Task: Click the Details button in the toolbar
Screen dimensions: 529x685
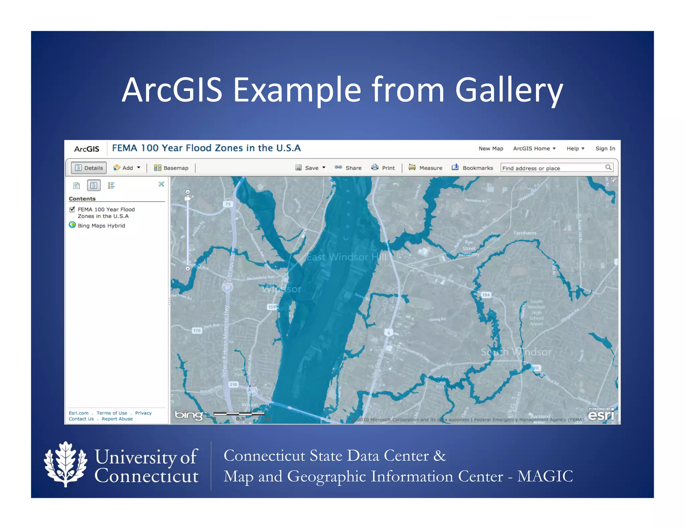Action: tap(89, 168)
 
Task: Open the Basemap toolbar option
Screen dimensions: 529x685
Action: tap(171, 168)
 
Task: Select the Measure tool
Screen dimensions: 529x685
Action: tap(425, 168)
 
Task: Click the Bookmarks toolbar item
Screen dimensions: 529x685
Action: tap(472, 168)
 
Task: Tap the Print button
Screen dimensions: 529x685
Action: tap(383, 168)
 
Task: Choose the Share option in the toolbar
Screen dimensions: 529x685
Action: tap(349, 168)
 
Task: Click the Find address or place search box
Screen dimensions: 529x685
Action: tap(553, 168)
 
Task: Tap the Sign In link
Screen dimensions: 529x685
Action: tap(605, 148)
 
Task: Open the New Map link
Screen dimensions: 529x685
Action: tap(491, 148)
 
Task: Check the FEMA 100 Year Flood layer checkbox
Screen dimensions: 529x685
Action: tap(72, 209)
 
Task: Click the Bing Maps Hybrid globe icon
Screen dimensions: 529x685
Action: tap(72, 225)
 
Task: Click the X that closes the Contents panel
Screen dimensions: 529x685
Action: tap(161, 184)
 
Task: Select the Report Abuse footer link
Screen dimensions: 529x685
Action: tap(117, 419)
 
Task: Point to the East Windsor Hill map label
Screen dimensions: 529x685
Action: tap(347, 257)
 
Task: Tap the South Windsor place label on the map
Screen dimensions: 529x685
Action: tap(516, 352)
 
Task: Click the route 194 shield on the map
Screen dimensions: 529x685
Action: tap(486, 295)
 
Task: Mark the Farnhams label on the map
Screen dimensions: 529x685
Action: tap(525, 233)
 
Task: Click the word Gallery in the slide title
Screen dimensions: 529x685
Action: tap(509, 90)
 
